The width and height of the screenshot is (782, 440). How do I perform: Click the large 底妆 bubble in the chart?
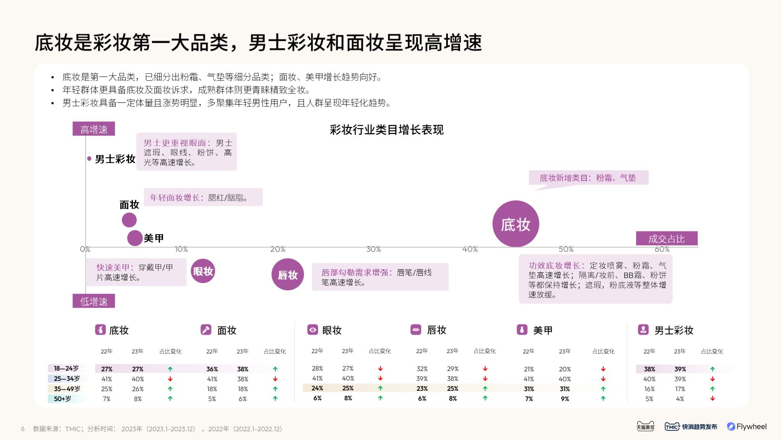(515, 224)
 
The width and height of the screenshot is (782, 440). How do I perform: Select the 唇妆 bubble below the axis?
(288, 275)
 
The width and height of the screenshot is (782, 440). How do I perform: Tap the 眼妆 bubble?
(203, 271)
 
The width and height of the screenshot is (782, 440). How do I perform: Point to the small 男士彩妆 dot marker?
(89, 159)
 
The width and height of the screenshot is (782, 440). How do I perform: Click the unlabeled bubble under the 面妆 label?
(129, 220)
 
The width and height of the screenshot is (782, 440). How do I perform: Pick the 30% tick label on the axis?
(373, 249)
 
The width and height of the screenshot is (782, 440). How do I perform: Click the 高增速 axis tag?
(94, 129)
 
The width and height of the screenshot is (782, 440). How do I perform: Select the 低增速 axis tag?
(94, 301)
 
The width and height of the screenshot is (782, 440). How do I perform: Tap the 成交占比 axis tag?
(667, 239)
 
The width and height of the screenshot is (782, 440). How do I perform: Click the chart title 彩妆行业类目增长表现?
(386, 130)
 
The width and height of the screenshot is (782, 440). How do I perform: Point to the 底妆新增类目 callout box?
(588, 178)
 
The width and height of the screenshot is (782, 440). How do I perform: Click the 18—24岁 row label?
(66, 369)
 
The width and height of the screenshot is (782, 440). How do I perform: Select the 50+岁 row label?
(63, 399)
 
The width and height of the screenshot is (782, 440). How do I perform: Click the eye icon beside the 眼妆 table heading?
(312, 330)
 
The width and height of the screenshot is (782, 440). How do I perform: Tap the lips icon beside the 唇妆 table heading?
(415, 330)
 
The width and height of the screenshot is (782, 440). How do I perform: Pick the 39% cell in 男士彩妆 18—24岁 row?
(680, 369)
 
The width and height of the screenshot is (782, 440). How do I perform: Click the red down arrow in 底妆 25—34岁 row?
(170, 379)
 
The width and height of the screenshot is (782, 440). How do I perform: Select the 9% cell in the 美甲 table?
(565, 399)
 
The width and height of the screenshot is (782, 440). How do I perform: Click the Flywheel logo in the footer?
(747, 427)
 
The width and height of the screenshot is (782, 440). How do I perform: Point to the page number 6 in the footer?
(23, 429)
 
